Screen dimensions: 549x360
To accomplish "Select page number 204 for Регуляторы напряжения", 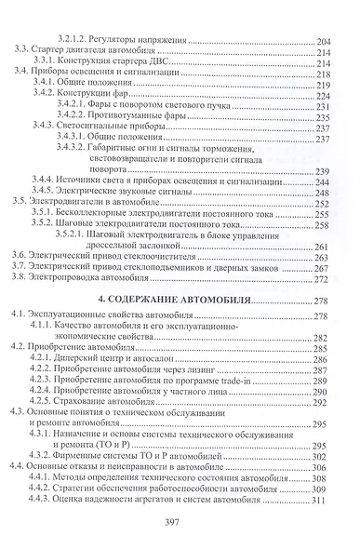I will coord(326,41).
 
